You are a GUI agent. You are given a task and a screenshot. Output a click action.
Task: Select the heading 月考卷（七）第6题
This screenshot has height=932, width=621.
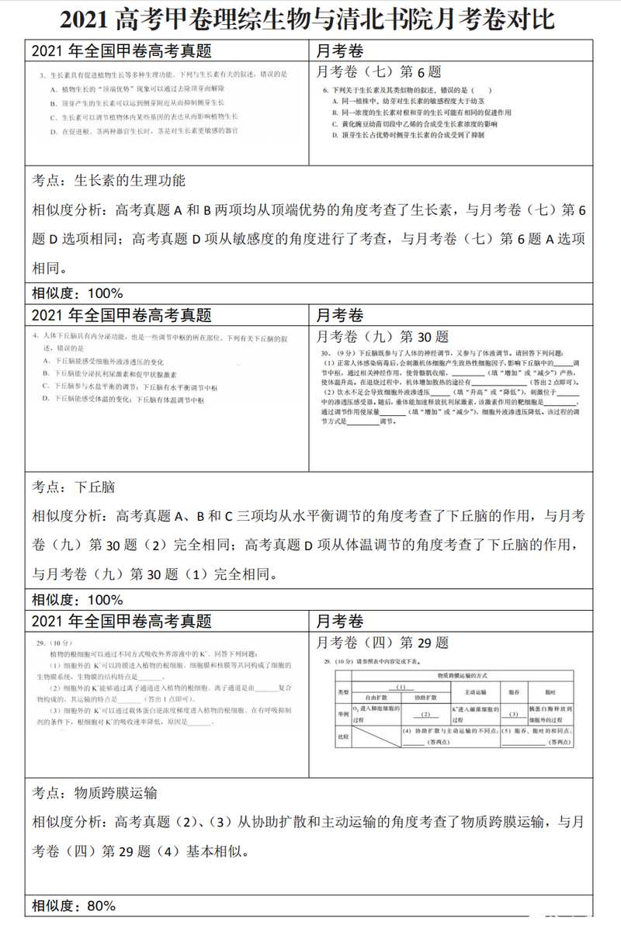380,72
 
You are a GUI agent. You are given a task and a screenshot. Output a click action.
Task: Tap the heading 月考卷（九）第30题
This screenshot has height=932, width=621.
383,337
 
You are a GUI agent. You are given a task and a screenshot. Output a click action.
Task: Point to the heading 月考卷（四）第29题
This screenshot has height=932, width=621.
383,643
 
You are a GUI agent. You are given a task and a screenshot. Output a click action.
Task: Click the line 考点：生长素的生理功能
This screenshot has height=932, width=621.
109,181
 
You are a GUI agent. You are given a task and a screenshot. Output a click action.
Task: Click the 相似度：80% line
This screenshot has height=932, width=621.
74,906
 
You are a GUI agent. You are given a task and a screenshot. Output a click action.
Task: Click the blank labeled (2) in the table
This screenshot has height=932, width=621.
425,714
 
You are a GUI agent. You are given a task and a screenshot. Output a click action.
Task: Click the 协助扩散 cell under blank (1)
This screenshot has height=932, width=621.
425,698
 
